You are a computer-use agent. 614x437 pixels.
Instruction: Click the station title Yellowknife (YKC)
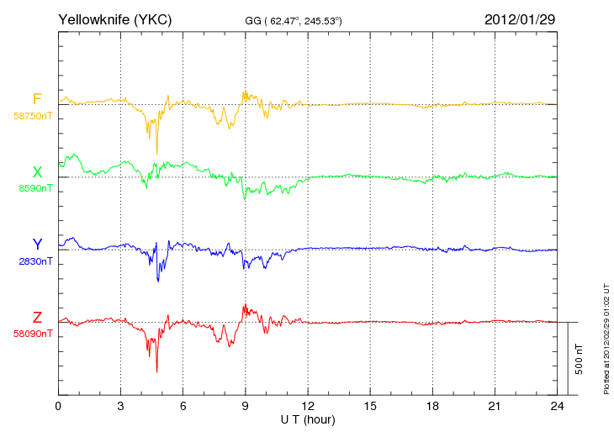point(114,19)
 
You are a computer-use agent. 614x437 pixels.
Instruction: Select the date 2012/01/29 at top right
point(520,19)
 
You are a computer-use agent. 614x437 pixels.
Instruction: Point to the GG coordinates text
point(294,21)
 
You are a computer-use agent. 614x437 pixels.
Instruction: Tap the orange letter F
point(37,99)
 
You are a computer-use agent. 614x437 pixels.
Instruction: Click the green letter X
point(37,171)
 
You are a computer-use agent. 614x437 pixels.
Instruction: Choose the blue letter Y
point(37,245)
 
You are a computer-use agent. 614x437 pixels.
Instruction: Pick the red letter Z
point(37,318)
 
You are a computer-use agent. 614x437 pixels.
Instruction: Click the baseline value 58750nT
point(33,116)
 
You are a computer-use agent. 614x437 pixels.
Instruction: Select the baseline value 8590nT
point(35,188)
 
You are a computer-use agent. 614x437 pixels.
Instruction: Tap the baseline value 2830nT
point(35,261)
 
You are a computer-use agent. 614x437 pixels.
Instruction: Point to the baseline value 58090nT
point(33,334)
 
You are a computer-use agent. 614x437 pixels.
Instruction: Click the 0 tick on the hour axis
point(58,407)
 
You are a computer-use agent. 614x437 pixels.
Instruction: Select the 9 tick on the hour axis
point(245,407)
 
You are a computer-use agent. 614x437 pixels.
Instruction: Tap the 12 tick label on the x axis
point(308,407)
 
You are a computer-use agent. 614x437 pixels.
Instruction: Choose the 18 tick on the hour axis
point(432,407)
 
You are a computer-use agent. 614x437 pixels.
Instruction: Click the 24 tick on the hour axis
point(557,407)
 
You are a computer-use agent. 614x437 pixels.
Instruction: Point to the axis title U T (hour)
point(308,420)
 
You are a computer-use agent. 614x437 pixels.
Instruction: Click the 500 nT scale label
point(580,359)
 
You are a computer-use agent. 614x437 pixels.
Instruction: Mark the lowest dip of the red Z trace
point(157,372)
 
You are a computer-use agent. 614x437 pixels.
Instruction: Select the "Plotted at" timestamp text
point(606,339)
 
